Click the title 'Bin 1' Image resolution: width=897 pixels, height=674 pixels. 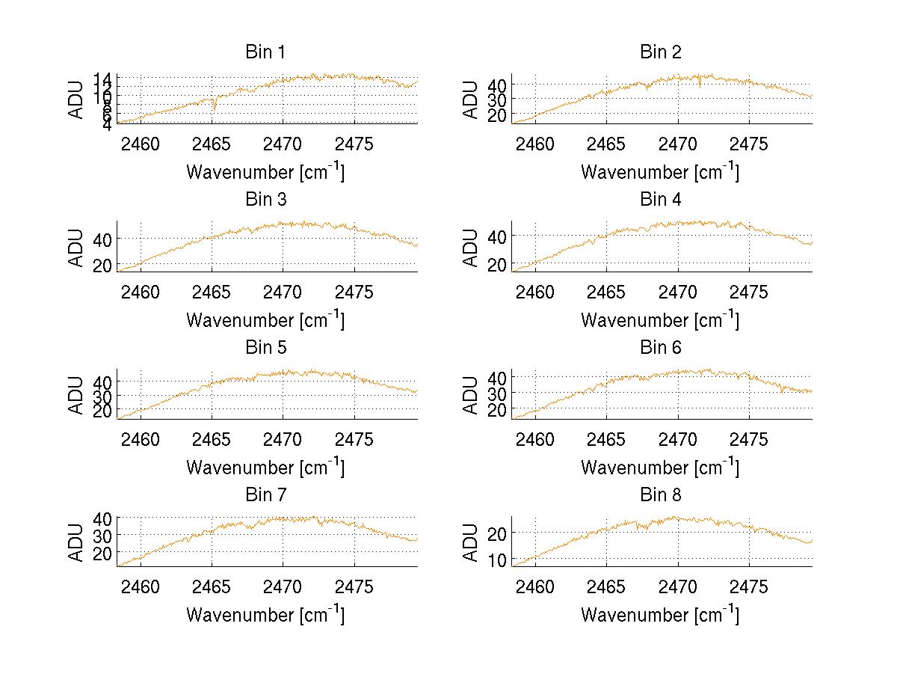click(x=265, y=52)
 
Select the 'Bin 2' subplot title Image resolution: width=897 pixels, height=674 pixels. click(x=661, y=52)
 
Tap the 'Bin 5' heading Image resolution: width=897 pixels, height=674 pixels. click(x=265, y=348)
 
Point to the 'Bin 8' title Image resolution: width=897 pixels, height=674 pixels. click(x=661, y=495)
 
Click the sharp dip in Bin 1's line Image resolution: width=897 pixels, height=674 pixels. click(x=215, y=108)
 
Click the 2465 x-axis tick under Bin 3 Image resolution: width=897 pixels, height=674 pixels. click(x=212, y=292)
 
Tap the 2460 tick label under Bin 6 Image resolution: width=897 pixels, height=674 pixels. click(x=536, y=440)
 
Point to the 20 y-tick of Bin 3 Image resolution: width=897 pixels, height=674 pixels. click(x=103, y=266)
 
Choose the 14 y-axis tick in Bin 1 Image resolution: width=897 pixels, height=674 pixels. click(x=103, y=79)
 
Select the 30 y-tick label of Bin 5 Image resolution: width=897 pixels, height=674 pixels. click(x=103, y=395)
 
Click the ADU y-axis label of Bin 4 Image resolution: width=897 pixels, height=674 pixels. click(x=471, y=248)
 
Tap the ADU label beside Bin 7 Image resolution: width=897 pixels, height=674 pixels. click(x=76, y=542)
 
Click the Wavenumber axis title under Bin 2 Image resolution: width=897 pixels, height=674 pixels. click(x=660, y=172)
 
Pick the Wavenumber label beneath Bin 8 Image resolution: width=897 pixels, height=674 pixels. click(x=660, y=615)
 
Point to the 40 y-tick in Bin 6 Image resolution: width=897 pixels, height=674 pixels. click(x=498, y=377)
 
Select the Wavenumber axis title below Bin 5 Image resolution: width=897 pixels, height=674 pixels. click(x=265, y=468)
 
